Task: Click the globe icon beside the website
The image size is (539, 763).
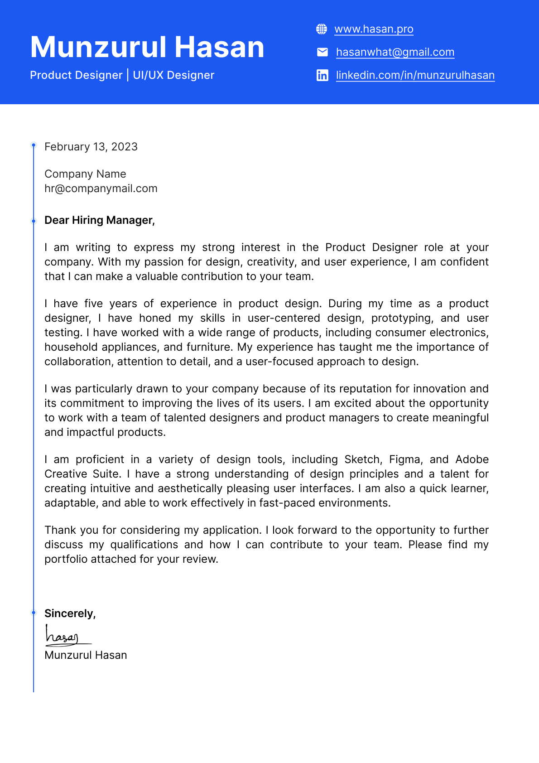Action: pyautogui.click(x=322, y=29)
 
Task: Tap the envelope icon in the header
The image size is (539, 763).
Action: pyautogui.click(x=322, y=52)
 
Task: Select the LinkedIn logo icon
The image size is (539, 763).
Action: pyautogui.click(x=322, y=75)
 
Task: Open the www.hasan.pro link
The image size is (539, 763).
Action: pyautogui.click(x=374, y=29)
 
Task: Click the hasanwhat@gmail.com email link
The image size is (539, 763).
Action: pyautogui.click(x=395, y=52)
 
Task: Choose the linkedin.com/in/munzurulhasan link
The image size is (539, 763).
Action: pyautogui.click(x=415, y=75)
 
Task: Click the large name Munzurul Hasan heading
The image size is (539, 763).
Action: pyautogui.click(x=147, y=47)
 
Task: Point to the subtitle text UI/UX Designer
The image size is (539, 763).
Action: pyautogui.click(x=173, y=75)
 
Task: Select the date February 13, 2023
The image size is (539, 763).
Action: pyautogui.click(x=91, y=147)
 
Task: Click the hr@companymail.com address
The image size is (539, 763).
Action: pyautogui.click(x=101, y=188)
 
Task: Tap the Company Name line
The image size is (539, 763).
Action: pyautogui.click(x=85, y=174)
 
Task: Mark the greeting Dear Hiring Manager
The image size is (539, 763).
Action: pyautogui.click(x=100, y=220)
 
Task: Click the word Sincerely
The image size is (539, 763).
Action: pyautogui.click(x=70, y=613)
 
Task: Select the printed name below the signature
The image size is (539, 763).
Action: pyautogui.click(x=86, y=655)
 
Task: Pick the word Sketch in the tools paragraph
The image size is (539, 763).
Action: pyautogui.click(x=363, y=459)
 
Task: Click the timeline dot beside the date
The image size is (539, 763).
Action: pyautogui.click(x=34, y=145)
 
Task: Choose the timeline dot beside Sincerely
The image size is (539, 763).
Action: pyautogui.click(x=34, y=613)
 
